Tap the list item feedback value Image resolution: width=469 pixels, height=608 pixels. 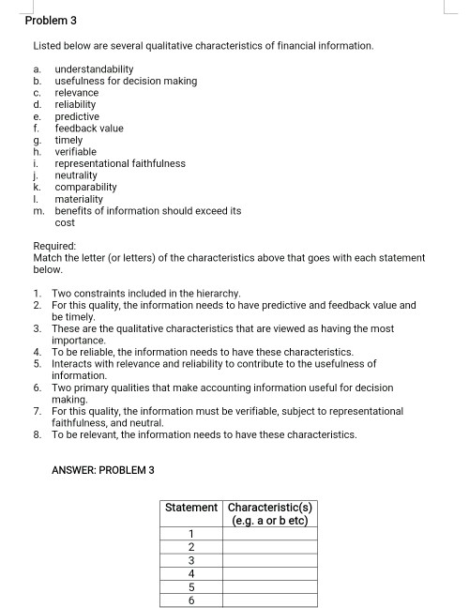(89, 129)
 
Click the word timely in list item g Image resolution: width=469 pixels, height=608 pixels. (68, 140)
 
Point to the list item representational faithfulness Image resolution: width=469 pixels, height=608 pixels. (120, 163)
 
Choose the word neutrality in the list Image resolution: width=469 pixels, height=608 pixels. (76, 175)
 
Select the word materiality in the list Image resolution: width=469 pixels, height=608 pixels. (78, 199)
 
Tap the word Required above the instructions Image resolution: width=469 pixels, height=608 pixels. (55, 246)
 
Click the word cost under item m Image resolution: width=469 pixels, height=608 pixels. (65, 222)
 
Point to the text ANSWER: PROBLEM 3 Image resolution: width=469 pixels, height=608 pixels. (104, 469)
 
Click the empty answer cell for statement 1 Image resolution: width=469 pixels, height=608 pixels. (268, 535)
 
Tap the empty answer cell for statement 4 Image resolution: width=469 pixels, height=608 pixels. (268, 571)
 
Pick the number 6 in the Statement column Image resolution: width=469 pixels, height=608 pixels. (192, 597)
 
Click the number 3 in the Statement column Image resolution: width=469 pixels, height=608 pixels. (192, 559)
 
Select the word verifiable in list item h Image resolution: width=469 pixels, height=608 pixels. (76, 152)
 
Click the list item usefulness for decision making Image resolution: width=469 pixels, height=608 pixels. (126, 82)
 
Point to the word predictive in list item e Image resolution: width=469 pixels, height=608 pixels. (77, 116)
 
